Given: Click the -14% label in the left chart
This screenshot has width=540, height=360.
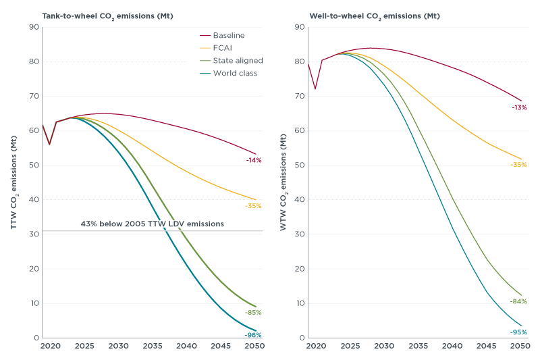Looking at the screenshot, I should coord(254,160).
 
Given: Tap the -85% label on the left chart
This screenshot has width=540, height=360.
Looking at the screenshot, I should coord(253,313).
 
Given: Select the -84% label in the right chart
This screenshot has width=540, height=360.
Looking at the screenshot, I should coord(518,301).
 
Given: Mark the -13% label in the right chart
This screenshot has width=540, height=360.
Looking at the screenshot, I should coord(518,107).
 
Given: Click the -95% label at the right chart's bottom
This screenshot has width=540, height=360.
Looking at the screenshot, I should coord(518,332).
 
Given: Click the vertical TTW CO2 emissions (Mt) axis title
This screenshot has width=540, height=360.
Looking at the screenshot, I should coord(14,182).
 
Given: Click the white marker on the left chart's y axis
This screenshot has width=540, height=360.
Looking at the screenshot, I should coord(40,125).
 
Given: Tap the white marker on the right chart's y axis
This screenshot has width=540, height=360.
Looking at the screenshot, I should coord(306,66).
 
